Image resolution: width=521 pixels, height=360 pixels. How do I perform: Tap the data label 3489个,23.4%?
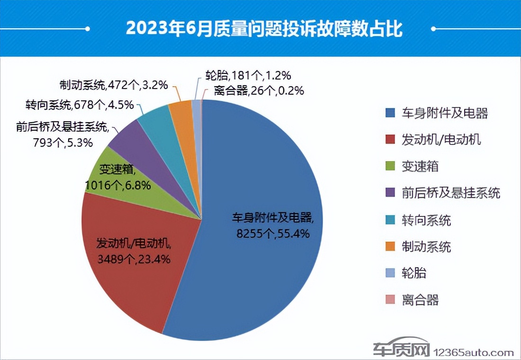pyautogui.click(x=134, y=259)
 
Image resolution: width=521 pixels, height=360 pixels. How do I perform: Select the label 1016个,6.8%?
pyautogui.click(x=118, y=184)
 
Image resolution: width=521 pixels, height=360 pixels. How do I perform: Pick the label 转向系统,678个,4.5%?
pyautogui.click(x=80, y=105)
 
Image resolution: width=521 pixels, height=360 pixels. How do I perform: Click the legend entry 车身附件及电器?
pyautogui.click(x=443, y=113)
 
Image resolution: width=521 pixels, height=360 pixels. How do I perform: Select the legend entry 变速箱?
pyautogui.click(x=419, y=166)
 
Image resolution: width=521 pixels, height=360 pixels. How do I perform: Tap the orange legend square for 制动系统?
pyautogui.click(x=391, y=247)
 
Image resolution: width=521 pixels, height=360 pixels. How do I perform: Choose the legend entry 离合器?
pyautogui.click(x=419, y=300)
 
